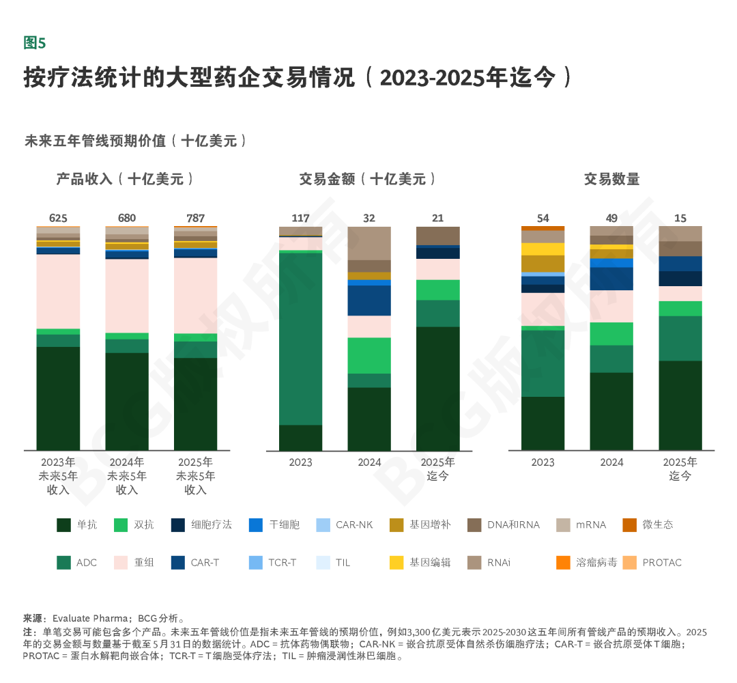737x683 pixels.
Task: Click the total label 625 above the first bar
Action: click(x=58, y=218)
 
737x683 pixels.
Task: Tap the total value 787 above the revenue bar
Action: click(x=195, y=218)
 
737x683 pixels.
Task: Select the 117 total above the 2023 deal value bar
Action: click(x=300, y=218)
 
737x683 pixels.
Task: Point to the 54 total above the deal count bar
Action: click(x=543, y=218)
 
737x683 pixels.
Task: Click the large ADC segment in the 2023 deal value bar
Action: click(x=300, y=338)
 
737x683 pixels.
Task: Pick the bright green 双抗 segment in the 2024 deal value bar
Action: click(x=369, y=355)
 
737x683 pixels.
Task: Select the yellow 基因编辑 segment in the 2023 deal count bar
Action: click(x=543, y=249)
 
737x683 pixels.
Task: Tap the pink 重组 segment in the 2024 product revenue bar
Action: click(x=127, y=296)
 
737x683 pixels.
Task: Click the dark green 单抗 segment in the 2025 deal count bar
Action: click(x=680, y=405)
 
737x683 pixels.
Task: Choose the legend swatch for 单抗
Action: click(x=63, y=525)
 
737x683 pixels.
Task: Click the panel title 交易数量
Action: click(x=611, y=179)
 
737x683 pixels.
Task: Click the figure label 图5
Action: click(x=34, y=43)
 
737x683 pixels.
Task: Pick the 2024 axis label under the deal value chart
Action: click(x=369, y=462)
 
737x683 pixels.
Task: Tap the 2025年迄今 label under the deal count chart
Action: click(x=680, y=469)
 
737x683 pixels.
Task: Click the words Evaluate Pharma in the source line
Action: click(x=89, y=617)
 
